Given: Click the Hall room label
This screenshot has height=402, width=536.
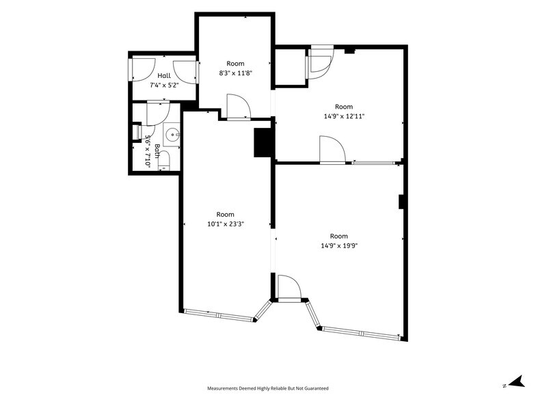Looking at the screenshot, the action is [x=164, y=75].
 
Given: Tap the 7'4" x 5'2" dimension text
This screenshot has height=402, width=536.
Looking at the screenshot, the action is [x=164, y=85].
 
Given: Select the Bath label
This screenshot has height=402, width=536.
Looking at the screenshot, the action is [x=157, y=150].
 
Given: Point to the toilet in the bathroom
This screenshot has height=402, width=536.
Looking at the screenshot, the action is [x=164, y=160].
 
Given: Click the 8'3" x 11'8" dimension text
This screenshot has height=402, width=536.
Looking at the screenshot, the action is [x=235, y=72].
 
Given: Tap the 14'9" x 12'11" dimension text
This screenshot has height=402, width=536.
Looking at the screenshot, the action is [x=344, y=116].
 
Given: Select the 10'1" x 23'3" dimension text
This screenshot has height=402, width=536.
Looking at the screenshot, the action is [x=226, y=224].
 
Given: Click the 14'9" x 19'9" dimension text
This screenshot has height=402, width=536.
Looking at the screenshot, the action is [x=339, y=245].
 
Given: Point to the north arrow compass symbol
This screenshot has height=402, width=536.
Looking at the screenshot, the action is [x=516, y=381].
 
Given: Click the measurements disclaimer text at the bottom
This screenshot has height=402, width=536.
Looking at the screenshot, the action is [x=268, y=388].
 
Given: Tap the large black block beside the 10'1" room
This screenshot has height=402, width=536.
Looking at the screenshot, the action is [x=263, y=142].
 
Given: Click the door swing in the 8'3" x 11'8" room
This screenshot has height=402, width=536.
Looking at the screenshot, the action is [x=239, y=107].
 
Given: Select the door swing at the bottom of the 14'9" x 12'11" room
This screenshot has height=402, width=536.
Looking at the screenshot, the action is [x=332, y=149].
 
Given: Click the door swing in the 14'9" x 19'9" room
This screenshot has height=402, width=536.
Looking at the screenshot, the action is [x=289, y=287].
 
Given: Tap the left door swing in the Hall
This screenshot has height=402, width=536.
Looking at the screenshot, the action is [x=144, y=70].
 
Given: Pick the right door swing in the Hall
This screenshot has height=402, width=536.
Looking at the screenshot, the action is [x=185, y=71].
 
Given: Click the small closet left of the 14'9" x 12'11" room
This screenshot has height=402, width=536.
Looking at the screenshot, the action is [x=290, y=66].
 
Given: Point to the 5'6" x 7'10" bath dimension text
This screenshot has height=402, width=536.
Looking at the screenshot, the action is [x=148, y=151].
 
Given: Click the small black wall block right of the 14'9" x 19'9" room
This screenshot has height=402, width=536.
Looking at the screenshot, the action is [x=401, y=202].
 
